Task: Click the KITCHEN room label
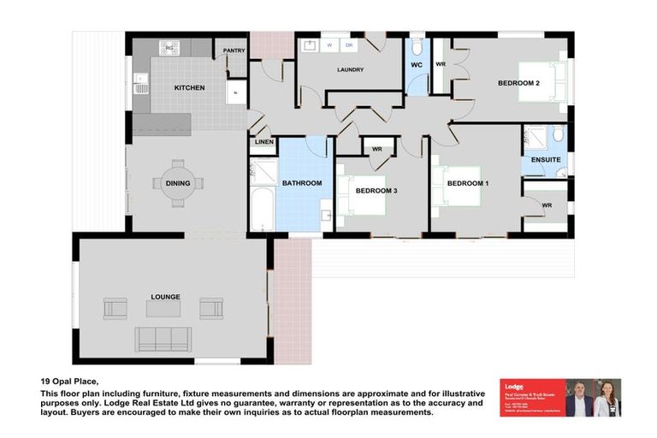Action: coord(189,88)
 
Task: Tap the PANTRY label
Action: coord(234,50)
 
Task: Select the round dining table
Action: coord(178,183)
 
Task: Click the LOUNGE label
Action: coord(165,297)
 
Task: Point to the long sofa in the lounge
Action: coord(164,339)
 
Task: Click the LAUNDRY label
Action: coord(350,70)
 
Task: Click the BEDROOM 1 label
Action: coord(468,184)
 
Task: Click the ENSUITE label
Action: coord(545,160)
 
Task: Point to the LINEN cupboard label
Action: coord(264,142)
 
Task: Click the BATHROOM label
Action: coord(302,184)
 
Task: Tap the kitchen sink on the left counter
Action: coord(140,83)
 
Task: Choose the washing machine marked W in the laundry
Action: coord(329,45)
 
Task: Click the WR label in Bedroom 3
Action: coord(376,150)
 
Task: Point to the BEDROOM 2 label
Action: coord(518,83)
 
